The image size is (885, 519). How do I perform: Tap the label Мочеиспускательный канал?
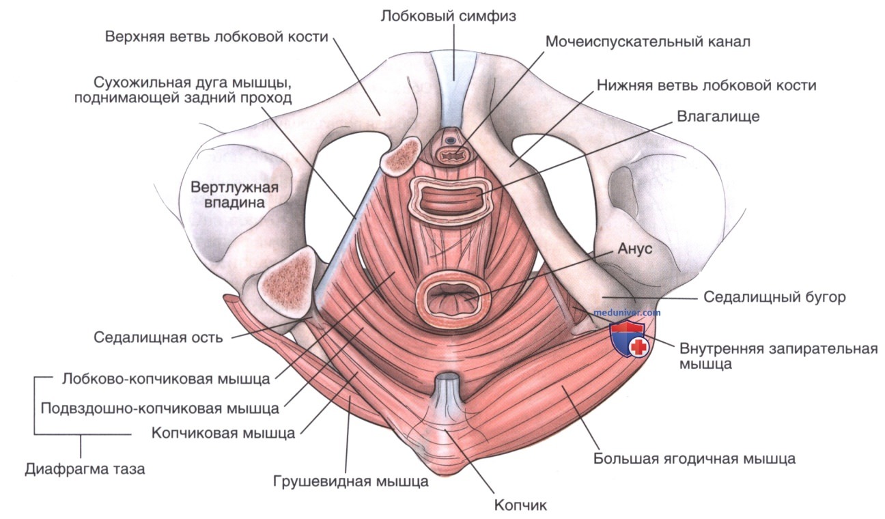tap(647, 42)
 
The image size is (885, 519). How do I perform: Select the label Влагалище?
tap(718, 117)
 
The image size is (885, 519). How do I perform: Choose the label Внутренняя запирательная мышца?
tap(778, 356)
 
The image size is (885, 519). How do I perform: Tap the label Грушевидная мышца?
tap(351, 481)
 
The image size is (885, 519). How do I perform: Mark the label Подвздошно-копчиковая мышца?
tap(160, 408)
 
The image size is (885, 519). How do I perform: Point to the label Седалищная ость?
tap(158, 337)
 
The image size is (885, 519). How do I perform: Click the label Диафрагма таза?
tap(85, 469)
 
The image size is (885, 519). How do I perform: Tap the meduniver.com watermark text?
tap(628, 312)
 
